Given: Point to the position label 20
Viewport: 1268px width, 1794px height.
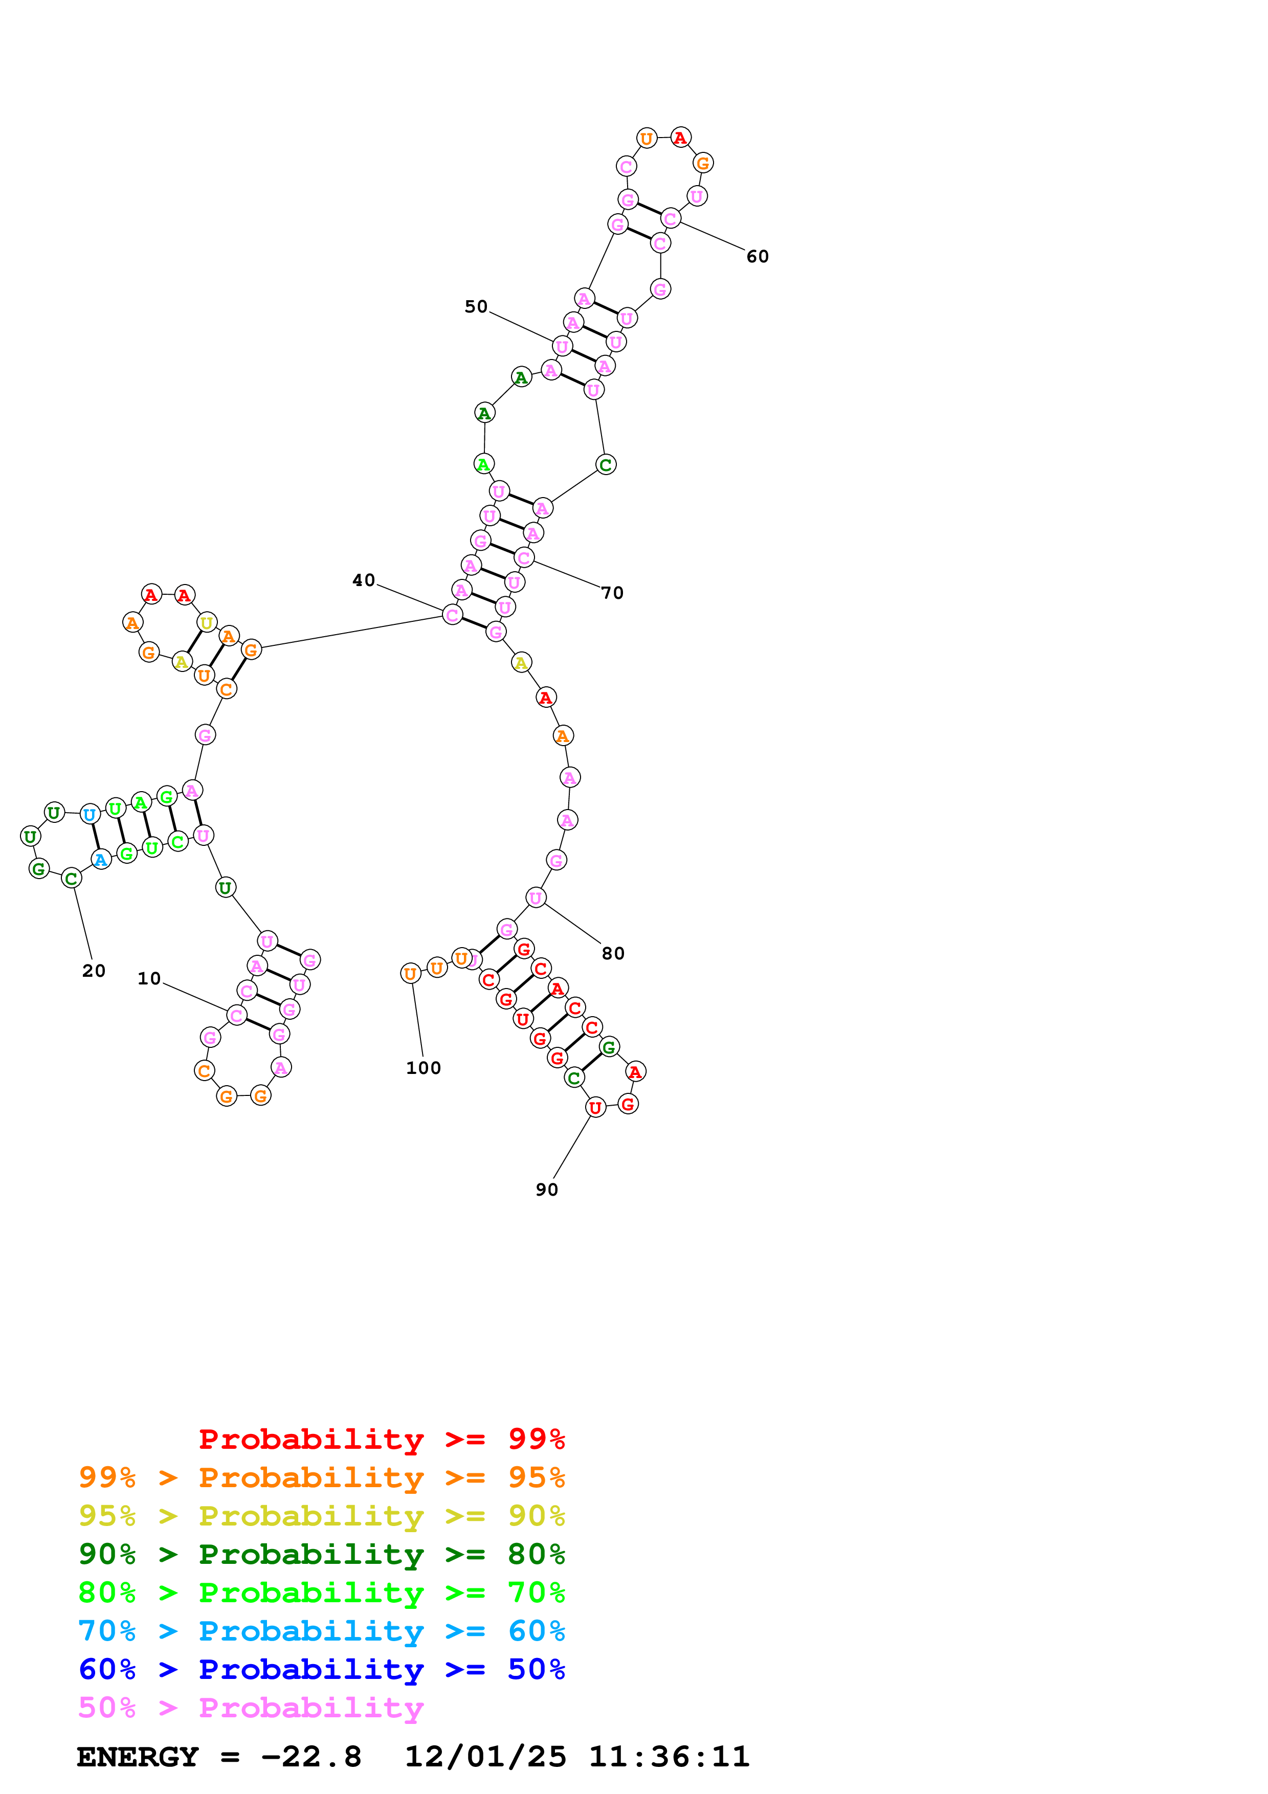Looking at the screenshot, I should (x=94, y=971).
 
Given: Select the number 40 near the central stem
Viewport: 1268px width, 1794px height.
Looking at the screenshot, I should (x=363, y=580).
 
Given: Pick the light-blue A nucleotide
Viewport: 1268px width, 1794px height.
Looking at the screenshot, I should (x=101, y=860).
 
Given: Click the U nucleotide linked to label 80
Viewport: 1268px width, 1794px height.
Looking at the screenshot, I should (x=535, y=898).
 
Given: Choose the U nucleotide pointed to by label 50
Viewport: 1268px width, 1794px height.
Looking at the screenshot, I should (x=562, y=346).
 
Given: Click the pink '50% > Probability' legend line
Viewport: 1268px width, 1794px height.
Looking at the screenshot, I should (x=251, y=1708).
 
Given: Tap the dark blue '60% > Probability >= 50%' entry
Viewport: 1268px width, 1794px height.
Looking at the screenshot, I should (x=321, y=1670).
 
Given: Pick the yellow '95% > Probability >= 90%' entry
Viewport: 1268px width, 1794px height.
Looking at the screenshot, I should (x=321, y=1516).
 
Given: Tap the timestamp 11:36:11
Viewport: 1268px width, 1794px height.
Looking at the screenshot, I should (x=669, y=1757).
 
